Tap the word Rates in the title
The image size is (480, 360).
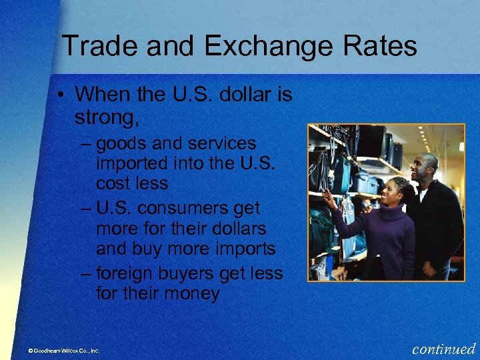(x=381, y=47)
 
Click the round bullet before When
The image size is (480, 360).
(x=60, y=95)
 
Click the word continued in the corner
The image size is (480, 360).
(x=444, y=348)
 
